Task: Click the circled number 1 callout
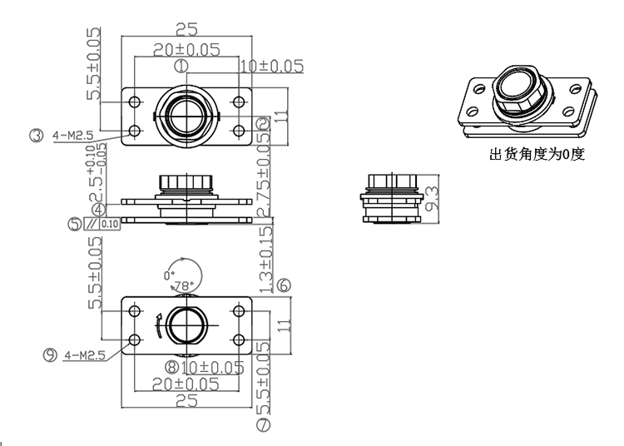182,64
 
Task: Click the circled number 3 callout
36,134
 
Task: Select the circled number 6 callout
284,285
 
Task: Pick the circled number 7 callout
264,426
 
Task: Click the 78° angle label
183,285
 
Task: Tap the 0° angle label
169,274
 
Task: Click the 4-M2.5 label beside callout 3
77,134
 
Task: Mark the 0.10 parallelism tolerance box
110,223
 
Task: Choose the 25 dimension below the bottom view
186,400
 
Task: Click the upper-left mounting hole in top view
136,102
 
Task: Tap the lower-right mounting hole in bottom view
238,339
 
